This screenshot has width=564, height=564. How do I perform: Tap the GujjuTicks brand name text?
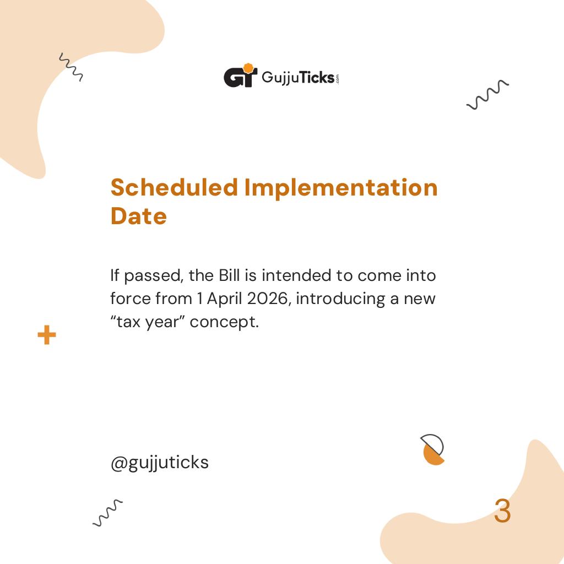click(297, 77)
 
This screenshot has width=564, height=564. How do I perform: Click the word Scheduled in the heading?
click(174, 187)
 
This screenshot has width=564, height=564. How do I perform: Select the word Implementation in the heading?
click(341, 187)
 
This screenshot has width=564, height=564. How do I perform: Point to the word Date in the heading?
click(138, 216)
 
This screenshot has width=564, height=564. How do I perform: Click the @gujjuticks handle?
click(160, 462)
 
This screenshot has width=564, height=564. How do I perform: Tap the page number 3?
click(502, 512)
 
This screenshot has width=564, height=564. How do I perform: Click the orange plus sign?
click(47, 335)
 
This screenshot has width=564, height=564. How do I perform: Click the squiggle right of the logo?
click(487, 94)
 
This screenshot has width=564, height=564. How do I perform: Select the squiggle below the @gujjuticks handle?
click(107, 513)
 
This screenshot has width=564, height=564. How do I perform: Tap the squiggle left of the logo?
click(71, 67)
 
